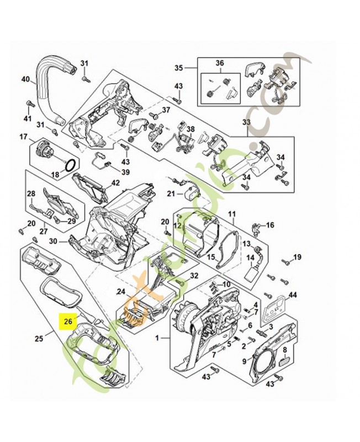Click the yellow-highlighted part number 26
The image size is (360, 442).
click(68, 320)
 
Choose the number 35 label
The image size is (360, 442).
click(178, 68)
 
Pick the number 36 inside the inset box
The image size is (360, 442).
click(219, 63)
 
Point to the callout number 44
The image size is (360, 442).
click(293, 296)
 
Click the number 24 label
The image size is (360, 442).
click(121, 291)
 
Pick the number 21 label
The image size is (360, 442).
click(172, 194)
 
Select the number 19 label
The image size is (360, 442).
click(297, 256)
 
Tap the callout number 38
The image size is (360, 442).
click(190, 130)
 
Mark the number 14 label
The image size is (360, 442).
click(250, 257)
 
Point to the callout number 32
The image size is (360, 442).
click(194, 276)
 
